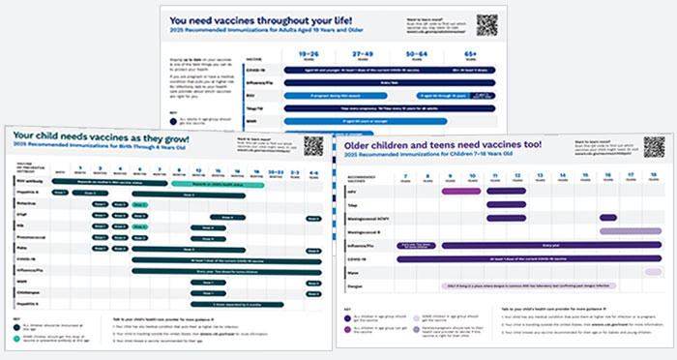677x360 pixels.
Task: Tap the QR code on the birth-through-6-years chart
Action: coord(312,146)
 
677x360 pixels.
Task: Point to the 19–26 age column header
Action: coord(309,57)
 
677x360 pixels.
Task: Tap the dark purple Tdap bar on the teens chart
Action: coord(505,204)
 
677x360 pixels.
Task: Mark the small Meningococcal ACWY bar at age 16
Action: coord(607,218)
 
